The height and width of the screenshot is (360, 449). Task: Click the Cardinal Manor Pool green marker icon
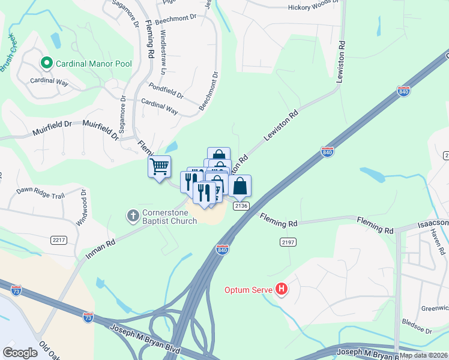46,62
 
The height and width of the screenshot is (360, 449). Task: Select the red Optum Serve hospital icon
282,290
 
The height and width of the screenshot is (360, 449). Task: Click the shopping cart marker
159,167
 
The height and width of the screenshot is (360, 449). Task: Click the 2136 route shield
241,206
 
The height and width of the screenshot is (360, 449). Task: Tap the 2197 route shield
287,242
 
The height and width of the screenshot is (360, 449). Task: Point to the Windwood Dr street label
82,208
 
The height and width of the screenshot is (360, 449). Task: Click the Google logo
20,353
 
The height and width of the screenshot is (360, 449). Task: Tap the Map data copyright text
423,355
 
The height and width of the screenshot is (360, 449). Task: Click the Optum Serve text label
249,290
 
